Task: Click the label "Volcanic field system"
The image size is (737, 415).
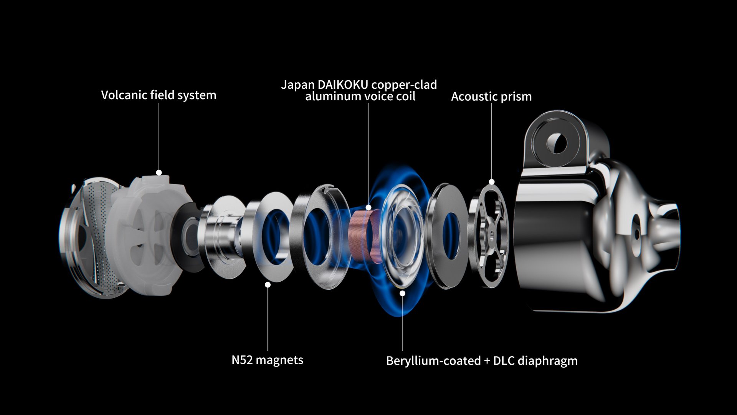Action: tap(159, 95)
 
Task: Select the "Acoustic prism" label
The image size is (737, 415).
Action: tap(491, 96)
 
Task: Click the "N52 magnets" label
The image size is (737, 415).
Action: tap(267, 360)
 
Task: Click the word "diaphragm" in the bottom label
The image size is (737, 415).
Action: tap(548, 361)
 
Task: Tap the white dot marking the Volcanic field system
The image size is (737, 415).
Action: tap(159, 173)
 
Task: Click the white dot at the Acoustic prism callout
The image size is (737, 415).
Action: tap(492, 182)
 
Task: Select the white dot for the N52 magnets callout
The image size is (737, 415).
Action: tap(268, 285)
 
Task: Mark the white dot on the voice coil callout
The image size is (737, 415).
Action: tap(368, 207)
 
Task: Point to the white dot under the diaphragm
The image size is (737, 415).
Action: tap(402, 294)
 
